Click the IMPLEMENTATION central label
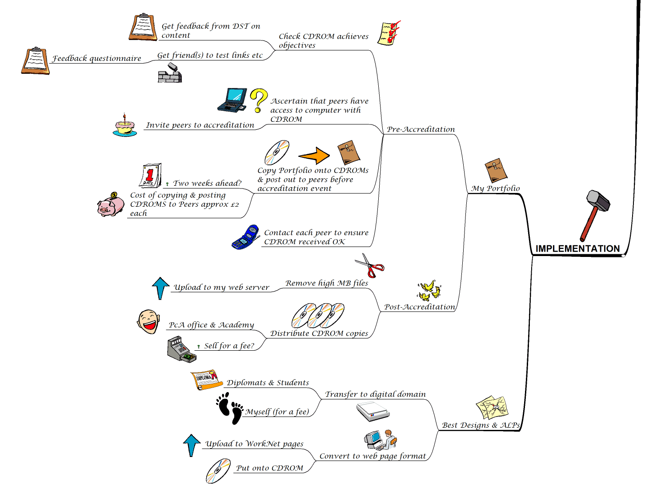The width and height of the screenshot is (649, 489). (577, 249)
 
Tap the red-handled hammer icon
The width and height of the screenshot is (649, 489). (595, 214)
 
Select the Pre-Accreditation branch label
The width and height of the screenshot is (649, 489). (421, 129)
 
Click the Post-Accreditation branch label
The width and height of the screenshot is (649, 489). (419, 307)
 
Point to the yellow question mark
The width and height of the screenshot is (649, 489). (259, 100)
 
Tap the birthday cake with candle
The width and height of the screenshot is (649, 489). (124, 125)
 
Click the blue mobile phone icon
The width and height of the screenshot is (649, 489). (246, 237)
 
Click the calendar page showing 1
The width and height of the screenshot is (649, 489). (151, 175)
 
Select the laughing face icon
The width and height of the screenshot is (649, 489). (148, 321)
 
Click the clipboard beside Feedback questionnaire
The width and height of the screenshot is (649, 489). (36, 60)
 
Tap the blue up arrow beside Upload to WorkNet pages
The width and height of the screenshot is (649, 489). (192, 445)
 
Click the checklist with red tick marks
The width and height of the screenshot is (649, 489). (389, 33)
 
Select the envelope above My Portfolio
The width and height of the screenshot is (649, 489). (496, 170)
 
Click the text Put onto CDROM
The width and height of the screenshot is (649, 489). (269, 468)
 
